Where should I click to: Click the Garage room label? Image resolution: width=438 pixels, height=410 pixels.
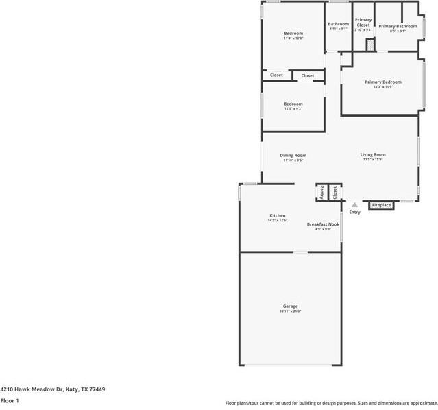290,306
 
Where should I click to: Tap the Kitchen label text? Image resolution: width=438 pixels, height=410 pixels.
277,215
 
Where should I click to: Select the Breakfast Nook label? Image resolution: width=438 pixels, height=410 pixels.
323,224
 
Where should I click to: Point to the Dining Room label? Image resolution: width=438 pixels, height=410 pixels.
293,155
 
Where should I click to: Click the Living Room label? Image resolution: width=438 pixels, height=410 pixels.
373,155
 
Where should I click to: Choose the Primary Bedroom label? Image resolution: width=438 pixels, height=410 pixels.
382,82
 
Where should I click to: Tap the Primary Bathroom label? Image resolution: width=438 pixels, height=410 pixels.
398,26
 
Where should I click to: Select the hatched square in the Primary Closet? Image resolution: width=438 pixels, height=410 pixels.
370,45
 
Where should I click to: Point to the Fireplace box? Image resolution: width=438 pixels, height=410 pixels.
381,205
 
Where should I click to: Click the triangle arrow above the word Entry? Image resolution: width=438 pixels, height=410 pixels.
354,204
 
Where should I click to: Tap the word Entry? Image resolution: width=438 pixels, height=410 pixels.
354,213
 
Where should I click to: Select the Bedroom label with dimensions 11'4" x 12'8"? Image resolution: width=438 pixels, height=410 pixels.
293,33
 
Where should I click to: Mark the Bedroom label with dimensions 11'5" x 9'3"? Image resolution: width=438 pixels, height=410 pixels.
293,104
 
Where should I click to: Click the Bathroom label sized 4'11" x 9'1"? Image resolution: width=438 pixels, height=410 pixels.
338,24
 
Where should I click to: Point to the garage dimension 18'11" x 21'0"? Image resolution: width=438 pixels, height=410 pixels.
290,311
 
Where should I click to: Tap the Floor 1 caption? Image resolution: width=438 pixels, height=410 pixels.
10,400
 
